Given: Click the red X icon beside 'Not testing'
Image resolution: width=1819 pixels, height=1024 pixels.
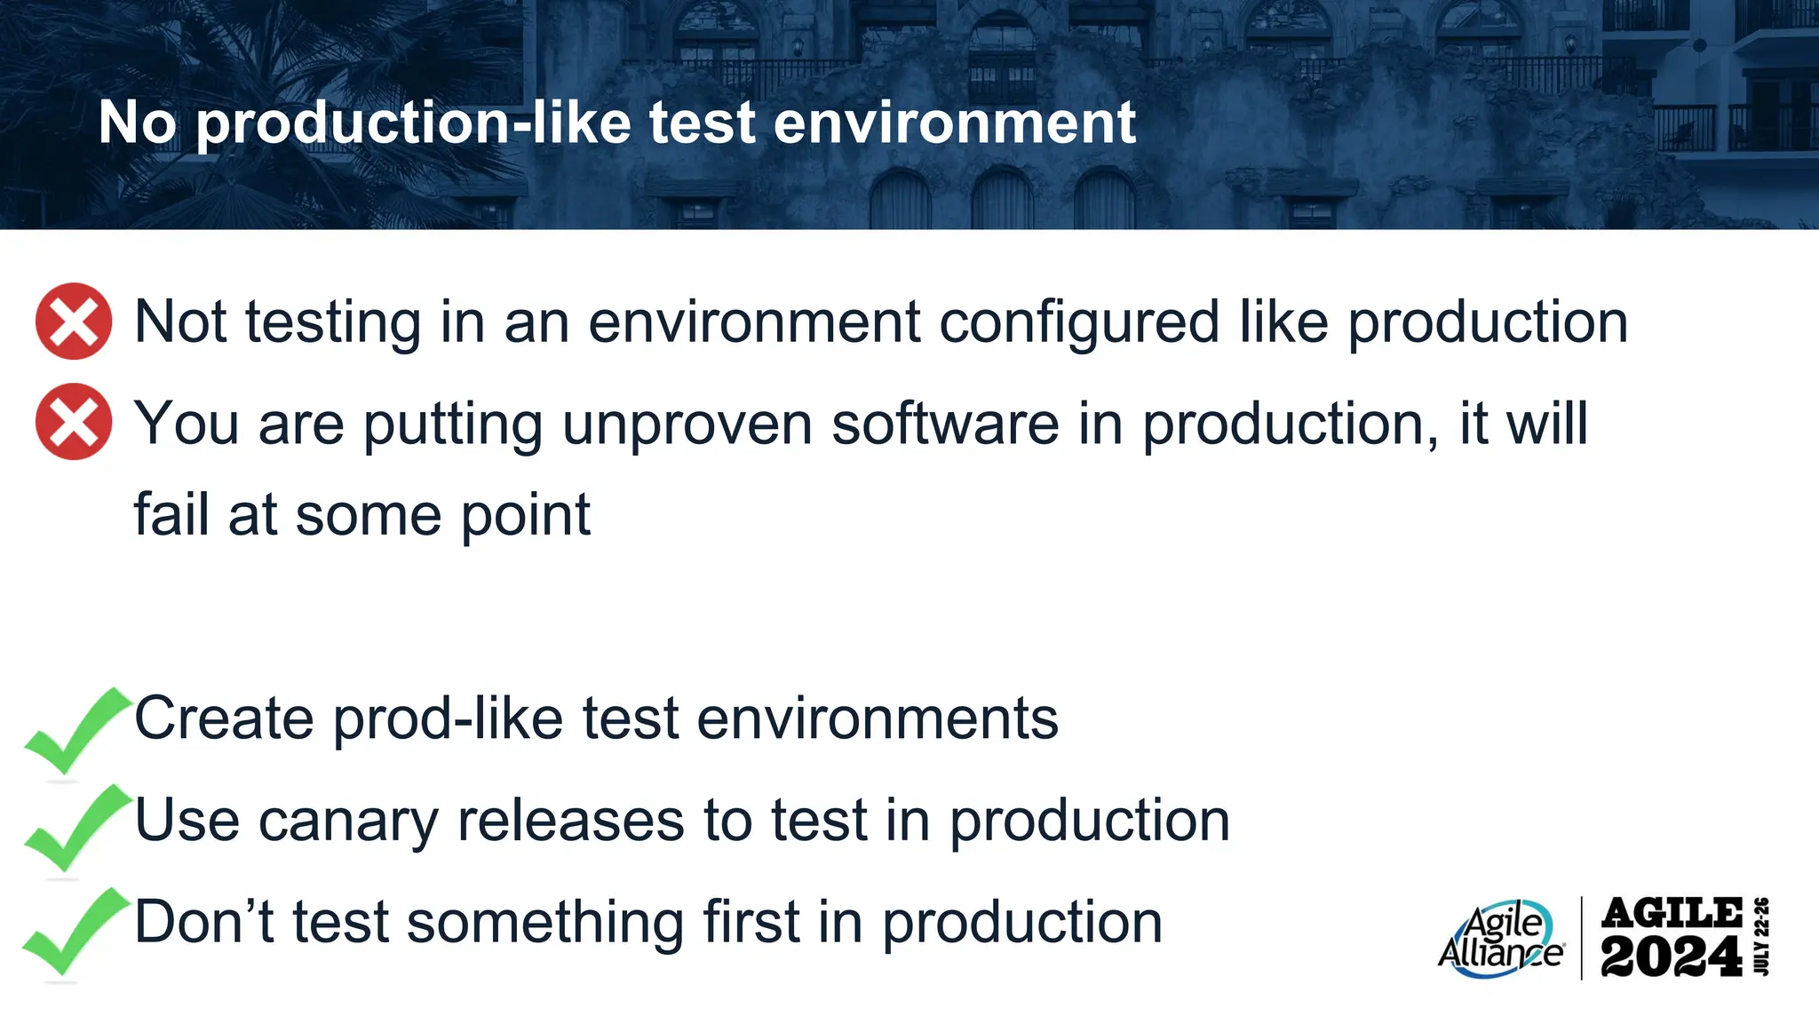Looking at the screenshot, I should (74, 321).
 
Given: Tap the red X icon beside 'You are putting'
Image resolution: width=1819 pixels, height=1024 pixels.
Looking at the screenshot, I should (74, 422).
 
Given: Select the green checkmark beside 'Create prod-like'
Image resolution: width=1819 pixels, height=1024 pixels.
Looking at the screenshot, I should (74, 731).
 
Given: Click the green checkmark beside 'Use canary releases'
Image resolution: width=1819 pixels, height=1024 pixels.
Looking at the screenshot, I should (74, 828).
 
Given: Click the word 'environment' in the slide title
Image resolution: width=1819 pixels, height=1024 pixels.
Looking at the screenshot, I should (954, 123).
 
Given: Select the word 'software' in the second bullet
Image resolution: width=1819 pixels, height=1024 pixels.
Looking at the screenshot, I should (945, 424).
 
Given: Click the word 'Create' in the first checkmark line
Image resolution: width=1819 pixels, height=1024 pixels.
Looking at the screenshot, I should (223, 718).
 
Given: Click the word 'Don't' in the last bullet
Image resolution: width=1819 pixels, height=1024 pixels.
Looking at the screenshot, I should (203, 922).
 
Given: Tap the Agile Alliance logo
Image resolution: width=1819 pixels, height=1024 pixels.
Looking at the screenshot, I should (1500, 939).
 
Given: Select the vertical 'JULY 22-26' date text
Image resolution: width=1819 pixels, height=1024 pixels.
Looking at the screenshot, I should (1762, 937).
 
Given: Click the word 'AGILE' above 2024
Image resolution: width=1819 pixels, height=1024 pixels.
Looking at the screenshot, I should (1671, 913).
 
